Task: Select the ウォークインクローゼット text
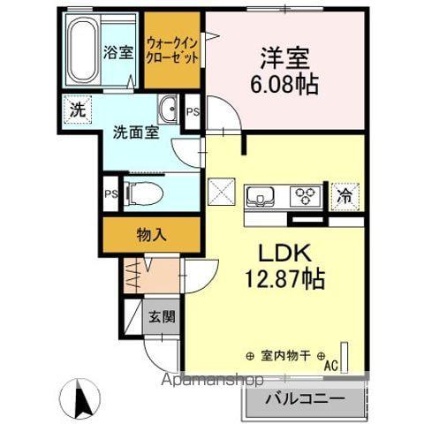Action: (x=172, y=49)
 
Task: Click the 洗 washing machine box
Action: (x=77, y=111)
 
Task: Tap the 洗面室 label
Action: (x=133, y=133)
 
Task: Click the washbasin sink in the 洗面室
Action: (x=168, y=111)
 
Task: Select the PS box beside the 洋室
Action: (x=192, y=111)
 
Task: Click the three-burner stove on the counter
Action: (x=307, y=194)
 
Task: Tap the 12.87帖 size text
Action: (x=283, y=282)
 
